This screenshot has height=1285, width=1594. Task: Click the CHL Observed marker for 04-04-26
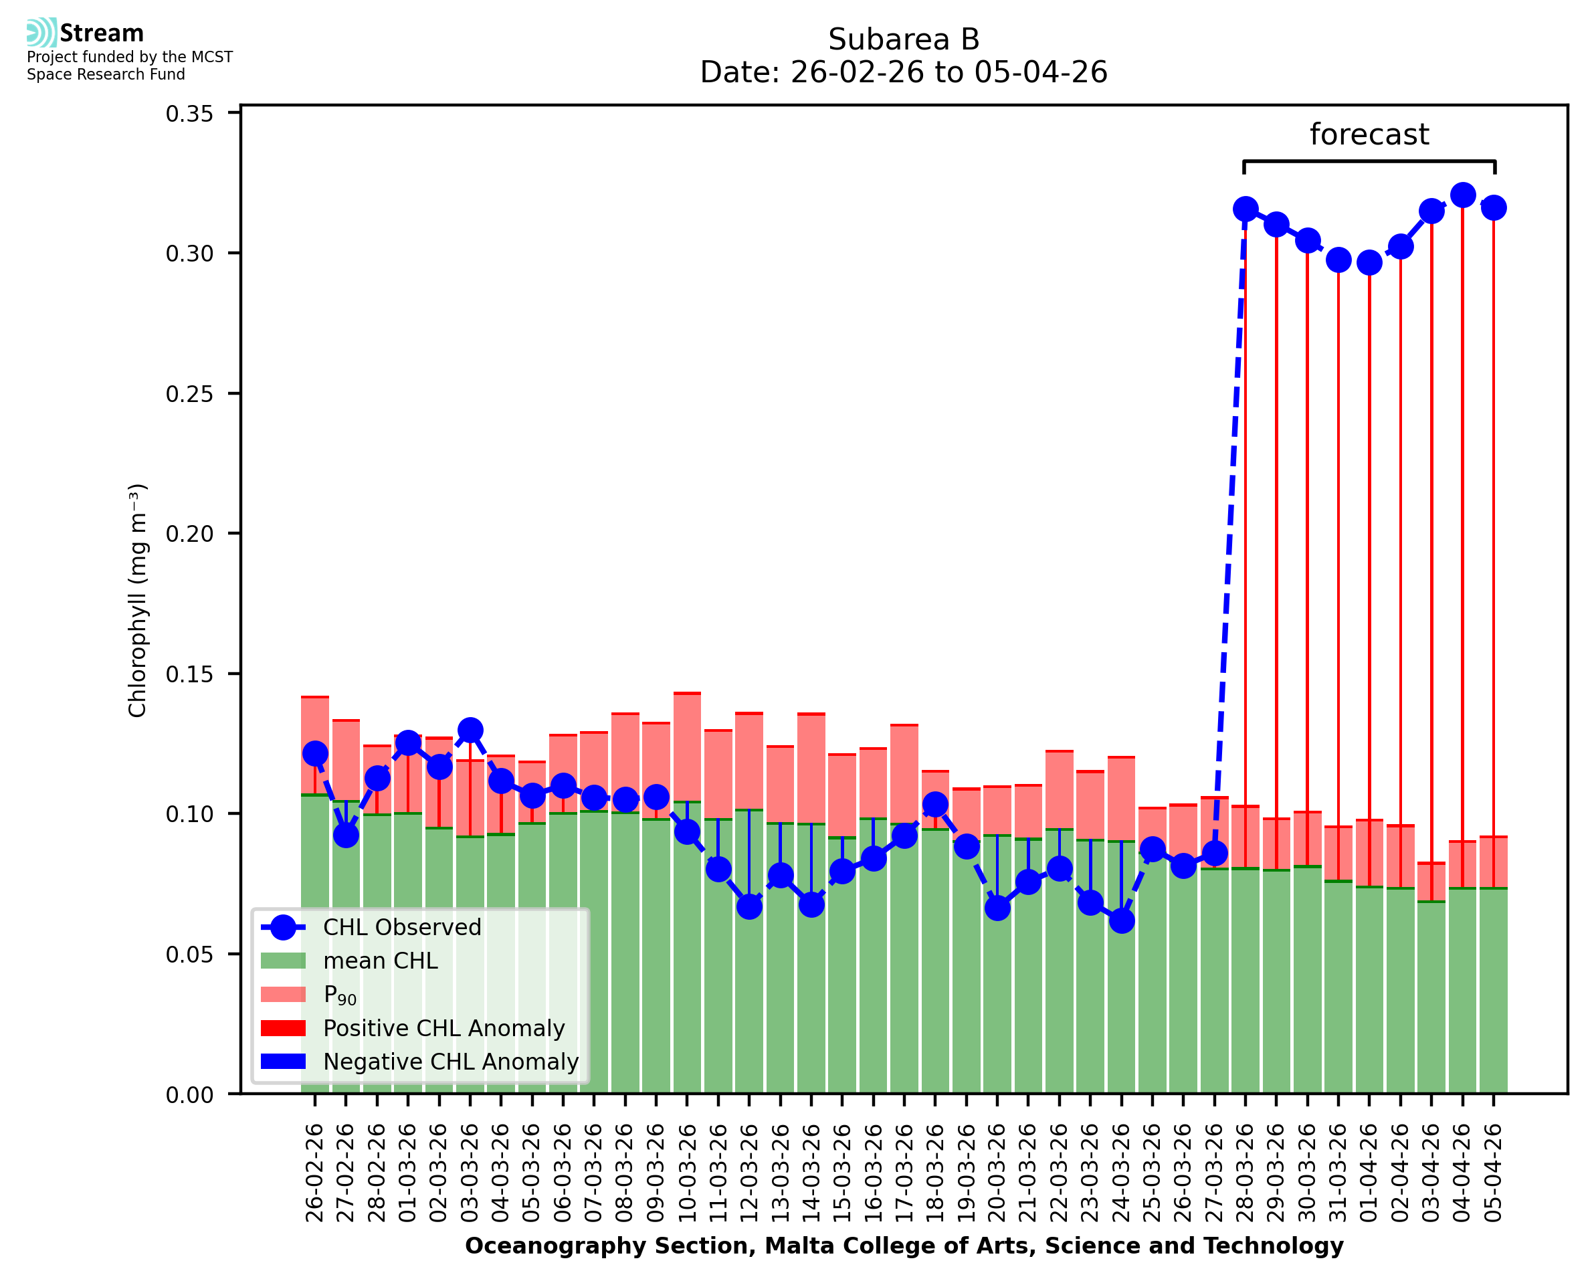pos(1462,195)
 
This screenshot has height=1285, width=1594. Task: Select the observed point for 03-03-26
pos(470,730)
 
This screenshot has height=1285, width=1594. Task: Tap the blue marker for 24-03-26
pos(1122,921)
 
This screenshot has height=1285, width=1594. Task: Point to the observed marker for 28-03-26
pos(1246,209)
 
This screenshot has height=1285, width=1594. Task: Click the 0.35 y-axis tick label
pos(189,113)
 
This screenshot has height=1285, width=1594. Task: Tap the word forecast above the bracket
pos(1369,134)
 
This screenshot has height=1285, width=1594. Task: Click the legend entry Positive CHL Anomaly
pos(443,1028)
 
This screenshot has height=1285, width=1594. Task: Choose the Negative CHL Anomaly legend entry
pos(451,1062)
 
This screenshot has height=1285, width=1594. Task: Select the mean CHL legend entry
pos(381,961)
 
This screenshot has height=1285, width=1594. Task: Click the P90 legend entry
pos(340,995)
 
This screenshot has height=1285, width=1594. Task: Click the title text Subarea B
pos(904,39)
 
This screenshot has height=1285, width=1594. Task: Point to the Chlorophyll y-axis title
pos(138,600)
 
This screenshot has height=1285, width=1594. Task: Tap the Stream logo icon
pos(41,33)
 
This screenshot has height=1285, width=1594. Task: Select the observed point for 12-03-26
pos(749,906)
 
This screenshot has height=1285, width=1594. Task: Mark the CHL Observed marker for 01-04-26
pos(1369,262)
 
